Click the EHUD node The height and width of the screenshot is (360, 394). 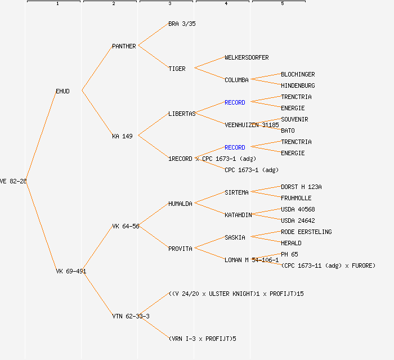[x=62, y=91]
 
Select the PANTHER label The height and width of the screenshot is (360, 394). [x=124, y=46]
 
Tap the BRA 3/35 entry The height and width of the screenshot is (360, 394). [x=182, y=24]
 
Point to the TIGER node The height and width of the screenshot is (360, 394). [x=177, y=69]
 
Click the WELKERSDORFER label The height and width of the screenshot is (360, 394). [x=247, y=57]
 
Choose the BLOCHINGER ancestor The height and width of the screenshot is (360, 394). [x=298, y=74]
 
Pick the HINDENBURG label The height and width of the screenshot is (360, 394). [x=298, y=85]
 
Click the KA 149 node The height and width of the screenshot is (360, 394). [x=122, y=136]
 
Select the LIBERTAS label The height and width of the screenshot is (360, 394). [x=182, y=114]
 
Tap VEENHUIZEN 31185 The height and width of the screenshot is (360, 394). [x=252, y=125]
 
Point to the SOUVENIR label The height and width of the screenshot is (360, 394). [x=294, y=119]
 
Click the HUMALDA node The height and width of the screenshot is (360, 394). [x=180, y=204]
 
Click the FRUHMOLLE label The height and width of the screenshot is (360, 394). [x=296, y=198]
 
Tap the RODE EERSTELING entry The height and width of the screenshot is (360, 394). [x=306, y=232]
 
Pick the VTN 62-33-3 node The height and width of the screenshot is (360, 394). [x=131, y=316]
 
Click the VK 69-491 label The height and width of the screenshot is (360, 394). [x=71, y=271]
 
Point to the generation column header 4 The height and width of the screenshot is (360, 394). [x=226, y=4]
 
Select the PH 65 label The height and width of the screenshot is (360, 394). [x=289, y=254]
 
